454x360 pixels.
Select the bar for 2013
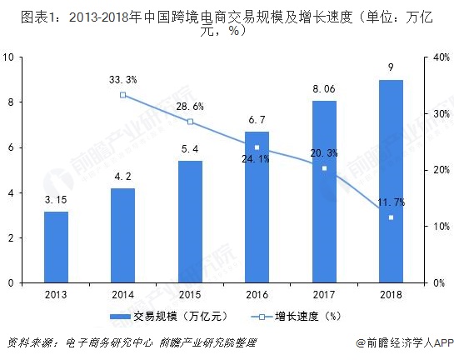[x=56, y=247]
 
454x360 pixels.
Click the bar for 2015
[x=190, y=222]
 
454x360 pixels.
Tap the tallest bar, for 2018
[x=391, y=181]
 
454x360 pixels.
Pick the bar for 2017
[x=324, y=192]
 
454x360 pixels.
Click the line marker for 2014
[x=123, y=95]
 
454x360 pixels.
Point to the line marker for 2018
[x=391, y=217]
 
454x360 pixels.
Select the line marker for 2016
[x=257, y=147]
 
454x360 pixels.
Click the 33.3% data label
[x=123, y=80]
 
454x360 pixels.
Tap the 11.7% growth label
[x=390, y=202]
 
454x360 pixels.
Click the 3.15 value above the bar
[x=56, y=199]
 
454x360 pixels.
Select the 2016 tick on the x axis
[x=257, y=293]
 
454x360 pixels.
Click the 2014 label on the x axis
[x=123, y=293]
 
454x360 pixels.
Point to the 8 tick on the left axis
[x=9, y=102]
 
